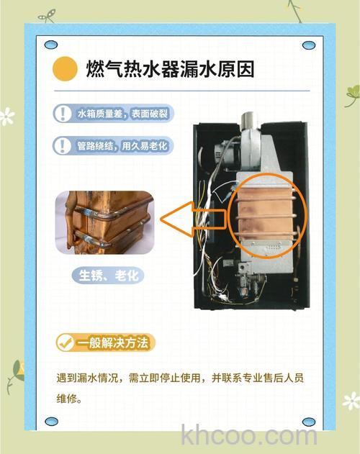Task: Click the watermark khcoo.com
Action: tap(249, 435)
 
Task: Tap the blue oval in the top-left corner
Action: tap(50, 45)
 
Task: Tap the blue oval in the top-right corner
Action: tap(309, 45)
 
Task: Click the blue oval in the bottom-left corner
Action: tap(50, 421)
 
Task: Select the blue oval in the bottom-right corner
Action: tap(309, 421)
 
